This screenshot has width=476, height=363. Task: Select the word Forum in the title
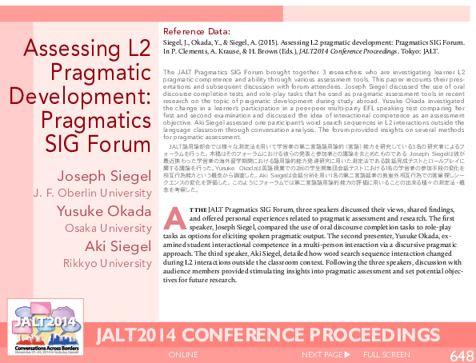point(122,145)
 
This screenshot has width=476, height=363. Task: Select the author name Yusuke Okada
point(104,212)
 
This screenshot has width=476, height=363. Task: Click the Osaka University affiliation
point(107,229)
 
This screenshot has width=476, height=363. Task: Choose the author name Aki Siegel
point(118,246)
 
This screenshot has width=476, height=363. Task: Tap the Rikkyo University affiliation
point(107,263)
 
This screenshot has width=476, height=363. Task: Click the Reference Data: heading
point(197,33)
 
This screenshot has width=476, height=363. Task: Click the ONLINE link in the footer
point(183,354)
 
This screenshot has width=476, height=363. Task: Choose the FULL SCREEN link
point(386,354)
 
